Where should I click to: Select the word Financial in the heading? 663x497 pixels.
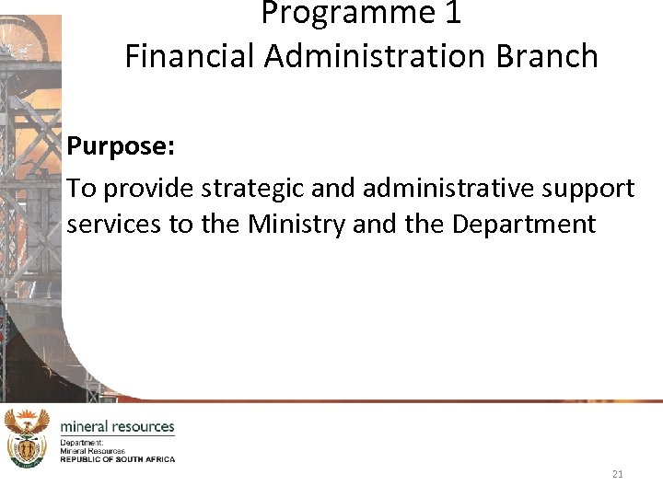click(x=191, y=56)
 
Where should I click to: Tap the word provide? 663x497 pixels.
click(x=148, y=190)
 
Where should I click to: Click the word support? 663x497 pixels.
click(x=589, y=190)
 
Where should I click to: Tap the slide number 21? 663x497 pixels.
click(x=618, y=474)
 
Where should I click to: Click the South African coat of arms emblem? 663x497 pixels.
click(x=27, y=438)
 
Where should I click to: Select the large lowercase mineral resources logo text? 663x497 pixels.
click(x=117, y=427)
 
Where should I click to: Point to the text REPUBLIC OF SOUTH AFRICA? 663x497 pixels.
click(x=117, y=459)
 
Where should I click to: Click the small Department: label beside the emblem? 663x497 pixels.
click(x=82, y=443)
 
